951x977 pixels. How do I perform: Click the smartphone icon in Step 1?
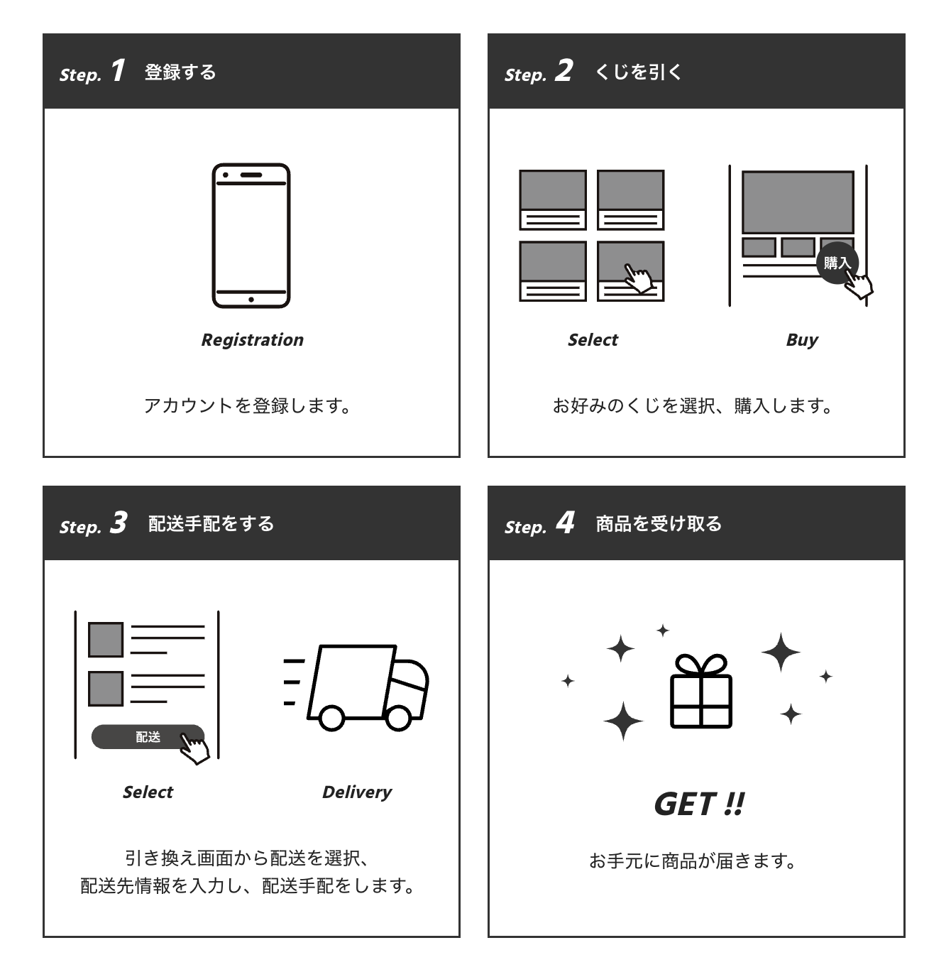point(251,236)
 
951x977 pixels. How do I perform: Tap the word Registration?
point(252,340)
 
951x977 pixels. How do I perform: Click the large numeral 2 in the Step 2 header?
point(564,71)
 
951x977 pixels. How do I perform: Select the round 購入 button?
point(836,263)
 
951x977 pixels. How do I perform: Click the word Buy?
point(802,340)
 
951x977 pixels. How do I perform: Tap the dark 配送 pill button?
point(148,737)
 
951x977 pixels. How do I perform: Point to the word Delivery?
point(356,792)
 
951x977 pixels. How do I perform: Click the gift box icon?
point(700,692)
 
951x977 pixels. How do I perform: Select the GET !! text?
point(699,804)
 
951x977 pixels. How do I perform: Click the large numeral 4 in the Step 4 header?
point(565,523)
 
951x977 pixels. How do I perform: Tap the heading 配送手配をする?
point(211,524)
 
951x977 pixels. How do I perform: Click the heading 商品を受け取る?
point(659,524)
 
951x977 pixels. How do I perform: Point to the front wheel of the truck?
point(399,718)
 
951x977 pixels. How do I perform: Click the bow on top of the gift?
point(700,665)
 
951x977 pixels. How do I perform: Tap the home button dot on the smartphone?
point(251,300)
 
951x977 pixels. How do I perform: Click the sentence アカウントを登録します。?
point(247,406)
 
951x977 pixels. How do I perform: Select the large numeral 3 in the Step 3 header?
point(119,523)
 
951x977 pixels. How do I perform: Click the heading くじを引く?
point(637,72)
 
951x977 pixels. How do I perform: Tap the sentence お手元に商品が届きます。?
point(693,861)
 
